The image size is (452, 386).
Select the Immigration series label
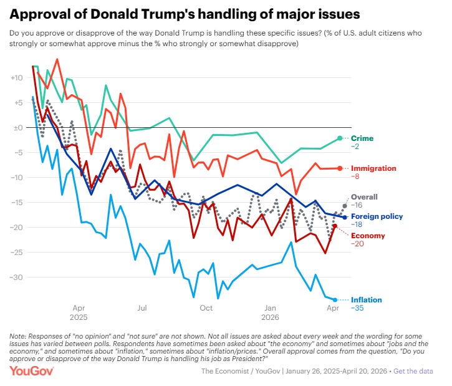[x=374, y=168]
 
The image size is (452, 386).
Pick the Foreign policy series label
[x=378, y=216]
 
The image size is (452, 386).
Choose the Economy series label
[x=368, y=236]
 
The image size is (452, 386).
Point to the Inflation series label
[x=367, y=300]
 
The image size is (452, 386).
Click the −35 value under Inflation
[x=358, y=308]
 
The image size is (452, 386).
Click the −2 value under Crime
[x=356, y=146]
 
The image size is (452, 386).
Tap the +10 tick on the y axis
[x=17, y=78]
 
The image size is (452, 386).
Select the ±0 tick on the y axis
[x=17, y=128]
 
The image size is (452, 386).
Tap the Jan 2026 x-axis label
[x=270, y=312]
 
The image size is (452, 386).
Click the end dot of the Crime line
[x=340, y=138]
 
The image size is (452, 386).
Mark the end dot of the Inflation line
[x=335, y=300]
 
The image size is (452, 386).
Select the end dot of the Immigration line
[x=340, y=168]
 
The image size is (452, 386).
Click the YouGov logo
[x=32, y=371]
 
